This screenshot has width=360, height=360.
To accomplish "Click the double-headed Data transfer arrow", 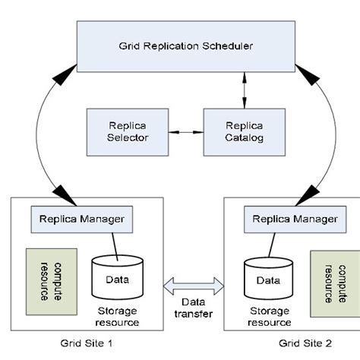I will pos(194,286).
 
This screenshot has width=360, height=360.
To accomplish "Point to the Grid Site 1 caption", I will pos(87,343).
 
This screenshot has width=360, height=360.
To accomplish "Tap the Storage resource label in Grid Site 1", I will pos(118,315).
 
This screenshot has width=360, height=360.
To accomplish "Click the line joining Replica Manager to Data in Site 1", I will pos(114,245).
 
